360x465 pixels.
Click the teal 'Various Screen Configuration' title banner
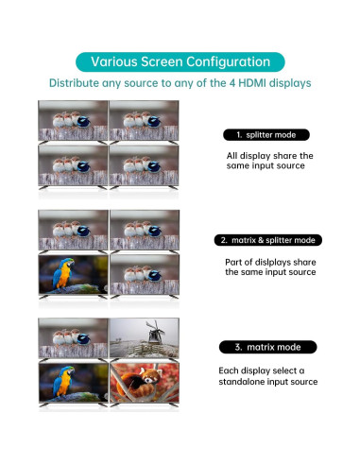[x=180, y=61]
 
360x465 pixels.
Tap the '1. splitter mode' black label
[x=266, y=135]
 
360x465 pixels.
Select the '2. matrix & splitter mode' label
[x=267, y=240]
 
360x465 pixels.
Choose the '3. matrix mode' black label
[x=267, y=347]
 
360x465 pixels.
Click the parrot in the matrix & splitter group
[x=64, y=273]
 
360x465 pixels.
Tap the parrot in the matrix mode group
[x=64, y=382]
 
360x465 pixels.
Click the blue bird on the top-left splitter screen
[x=83, y=121]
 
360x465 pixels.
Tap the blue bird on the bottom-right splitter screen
[x=154, y=166]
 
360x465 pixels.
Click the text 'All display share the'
[x=269, y=156]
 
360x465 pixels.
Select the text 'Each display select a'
[x=262, y=370]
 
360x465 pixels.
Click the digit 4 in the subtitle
[x=232, y=83]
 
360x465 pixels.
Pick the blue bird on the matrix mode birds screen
[x=83, y=339]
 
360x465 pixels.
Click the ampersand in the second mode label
[x=261, y=240]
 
